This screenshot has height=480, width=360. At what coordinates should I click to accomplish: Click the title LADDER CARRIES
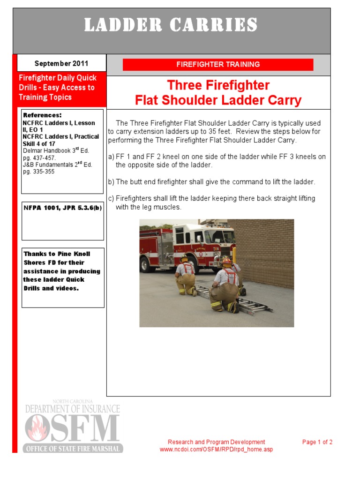[171, 25]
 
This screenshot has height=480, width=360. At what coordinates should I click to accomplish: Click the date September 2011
[61, 63]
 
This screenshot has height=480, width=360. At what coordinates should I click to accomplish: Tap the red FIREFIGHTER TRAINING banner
[218, 65]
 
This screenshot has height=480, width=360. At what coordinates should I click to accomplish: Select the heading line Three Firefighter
[218, 85]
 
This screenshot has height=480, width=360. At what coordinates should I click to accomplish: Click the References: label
[42, 115]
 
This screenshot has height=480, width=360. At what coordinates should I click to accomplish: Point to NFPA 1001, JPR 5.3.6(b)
[62, 208]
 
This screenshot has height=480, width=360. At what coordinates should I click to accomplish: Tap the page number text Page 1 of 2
[317, 442]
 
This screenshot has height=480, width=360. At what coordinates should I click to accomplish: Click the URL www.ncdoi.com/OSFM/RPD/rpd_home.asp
[216, 450]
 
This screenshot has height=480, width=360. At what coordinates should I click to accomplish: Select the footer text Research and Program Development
[216, 442]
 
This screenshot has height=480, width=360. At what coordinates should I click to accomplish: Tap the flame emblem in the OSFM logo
[37, 428]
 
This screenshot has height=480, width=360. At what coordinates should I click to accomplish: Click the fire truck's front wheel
[147, 264]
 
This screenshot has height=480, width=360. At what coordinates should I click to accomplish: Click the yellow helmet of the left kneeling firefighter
[184, 258]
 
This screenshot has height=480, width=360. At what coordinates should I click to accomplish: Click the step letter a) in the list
[111, 157]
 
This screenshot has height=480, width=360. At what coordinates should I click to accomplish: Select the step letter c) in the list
[111, 198]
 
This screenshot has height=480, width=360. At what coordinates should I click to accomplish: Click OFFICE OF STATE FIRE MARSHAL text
[74, 449]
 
